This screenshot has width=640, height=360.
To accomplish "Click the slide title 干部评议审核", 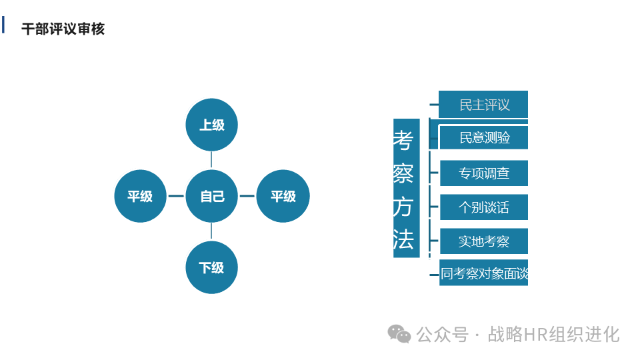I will (x=63, y=29).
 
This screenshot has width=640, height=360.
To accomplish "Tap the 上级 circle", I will (x=211, y=125).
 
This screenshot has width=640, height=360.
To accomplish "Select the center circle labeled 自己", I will (x=211, y=196).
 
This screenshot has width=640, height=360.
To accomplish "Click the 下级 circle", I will (x=211, y=267).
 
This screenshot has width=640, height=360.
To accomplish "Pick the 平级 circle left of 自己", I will (x=140, y=196).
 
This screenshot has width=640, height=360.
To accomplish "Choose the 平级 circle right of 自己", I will (x=283, y=196).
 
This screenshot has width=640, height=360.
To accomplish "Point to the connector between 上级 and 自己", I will (x=211, y=160).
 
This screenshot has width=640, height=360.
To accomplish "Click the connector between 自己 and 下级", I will (x=211, y=231).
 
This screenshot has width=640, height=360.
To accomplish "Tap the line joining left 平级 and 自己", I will (x=176, y=196).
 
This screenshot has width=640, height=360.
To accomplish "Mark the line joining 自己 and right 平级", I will (x=247, y=196).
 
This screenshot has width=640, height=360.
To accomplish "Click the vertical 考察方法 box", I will (x=405, y=188).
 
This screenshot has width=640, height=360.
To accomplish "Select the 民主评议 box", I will (x=484, y=105).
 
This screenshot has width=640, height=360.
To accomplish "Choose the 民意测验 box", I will (x=484, y=137).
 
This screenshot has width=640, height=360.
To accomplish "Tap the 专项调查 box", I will (x=484, y=173).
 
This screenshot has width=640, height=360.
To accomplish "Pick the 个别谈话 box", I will (x=484, y=207).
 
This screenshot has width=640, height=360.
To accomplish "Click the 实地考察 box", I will (x=484, y=241).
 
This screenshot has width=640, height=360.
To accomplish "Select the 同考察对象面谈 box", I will (x=484, y=273).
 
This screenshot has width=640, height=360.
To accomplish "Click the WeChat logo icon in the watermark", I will (x=400, y=334).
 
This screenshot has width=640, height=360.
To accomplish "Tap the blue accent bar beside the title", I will (x=3, y=25).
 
